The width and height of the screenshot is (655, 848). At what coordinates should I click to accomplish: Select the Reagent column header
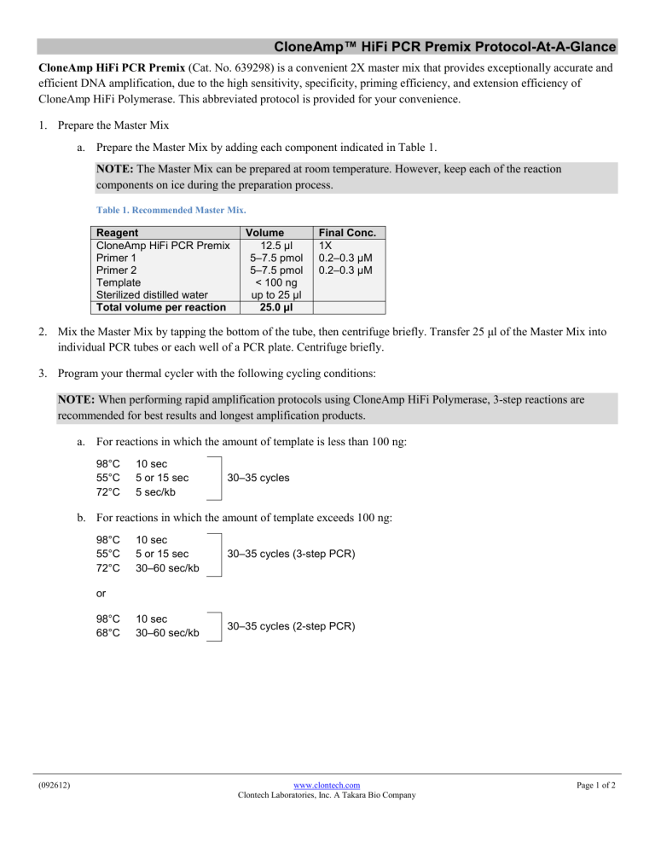(x=119, y=232)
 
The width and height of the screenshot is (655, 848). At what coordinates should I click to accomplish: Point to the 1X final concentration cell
(x=325, y=246)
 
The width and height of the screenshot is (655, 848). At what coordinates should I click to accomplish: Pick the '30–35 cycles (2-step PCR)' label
(x=291, y=625)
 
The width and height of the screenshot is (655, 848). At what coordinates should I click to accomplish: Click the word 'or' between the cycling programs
(x=101, y=591)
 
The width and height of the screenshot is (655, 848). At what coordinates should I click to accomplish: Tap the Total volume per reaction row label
(x=161, y=307)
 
